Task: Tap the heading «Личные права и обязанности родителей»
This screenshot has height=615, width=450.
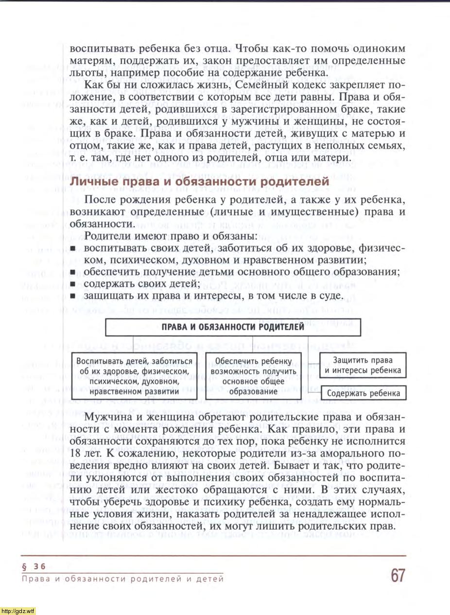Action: tap(200, 182)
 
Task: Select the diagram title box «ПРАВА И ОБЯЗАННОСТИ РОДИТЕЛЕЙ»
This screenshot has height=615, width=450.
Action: tap(233, 327)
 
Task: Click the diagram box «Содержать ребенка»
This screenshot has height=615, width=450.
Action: tap(363, 393)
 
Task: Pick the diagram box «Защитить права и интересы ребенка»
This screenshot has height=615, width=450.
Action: tap(363, 366)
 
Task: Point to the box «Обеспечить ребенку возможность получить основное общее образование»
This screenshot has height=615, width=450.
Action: tap(253, 376)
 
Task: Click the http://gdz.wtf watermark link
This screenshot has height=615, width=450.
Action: tap(18, 610)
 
